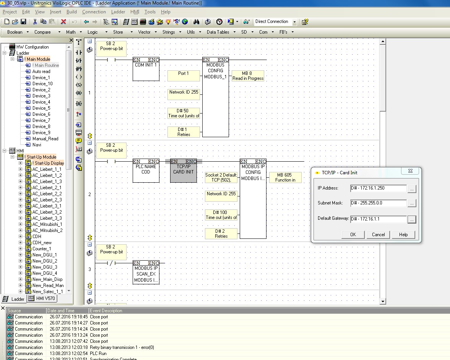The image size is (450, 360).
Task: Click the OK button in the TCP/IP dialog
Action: pos(353,235)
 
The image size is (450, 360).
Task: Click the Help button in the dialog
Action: pos(403,235)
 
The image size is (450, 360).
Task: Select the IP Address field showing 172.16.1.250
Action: pos(378,188)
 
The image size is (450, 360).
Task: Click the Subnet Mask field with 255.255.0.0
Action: pos(378,203)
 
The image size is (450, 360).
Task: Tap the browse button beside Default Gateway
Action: pos(411,219)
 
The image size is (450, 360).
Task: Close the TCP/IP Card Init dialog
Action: pos(410,171)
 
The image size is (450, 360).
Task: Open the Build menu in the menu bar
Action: pos(71,12)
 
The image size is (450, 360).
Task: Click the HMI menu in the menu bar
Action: pos(135,12)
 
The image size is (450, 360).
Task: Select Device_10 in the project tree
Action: pos(42,83)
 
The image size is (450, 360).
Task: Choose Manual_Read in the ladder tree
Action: pos(45,139)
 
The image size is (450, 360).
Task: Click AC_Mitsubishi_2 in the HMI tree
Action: pos(47,230)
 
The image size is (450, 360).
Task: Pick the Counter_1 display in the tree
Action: pos(42,249)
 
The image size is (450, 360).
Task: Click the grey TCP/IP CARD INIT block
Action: pos(184,171)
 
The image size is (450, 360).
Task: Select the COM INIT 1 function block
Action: pos(146,69)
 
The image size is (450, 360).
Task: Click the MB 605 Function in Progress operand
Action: pos(285,177)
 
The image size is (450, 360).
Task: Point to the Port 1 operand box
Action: pos(184,75)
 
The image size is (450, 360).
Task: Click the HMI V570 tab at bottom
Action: pos(45,298)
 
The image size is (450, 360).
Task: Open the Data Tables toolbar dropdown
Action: pos(221,32)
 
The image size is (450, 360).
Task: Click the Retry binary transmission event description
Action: pos(122,347)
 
